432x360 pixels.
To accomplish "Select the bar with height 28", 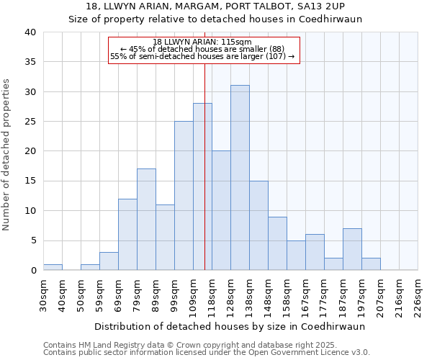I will (x=202, y=186).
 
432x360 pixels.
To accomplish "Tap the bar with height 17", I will (x=146, y=220).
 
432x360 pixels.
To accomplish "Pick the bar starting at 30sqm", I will (x=53, y=267).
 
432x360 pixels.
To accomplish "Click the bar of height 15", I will (x=258, y=225).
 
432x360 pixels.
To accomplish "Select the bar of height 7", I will (x=352, y=249).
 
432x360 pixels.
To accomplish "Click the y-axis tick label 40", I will (x=30, y=32).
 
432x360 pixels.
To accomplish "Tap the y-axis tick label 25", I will (x=30, y=122).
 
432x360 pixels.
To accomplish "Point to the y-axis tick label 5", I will (x=32, y=240).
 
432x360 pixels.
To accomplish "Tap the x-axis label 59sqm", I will (x=100, y=293).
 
